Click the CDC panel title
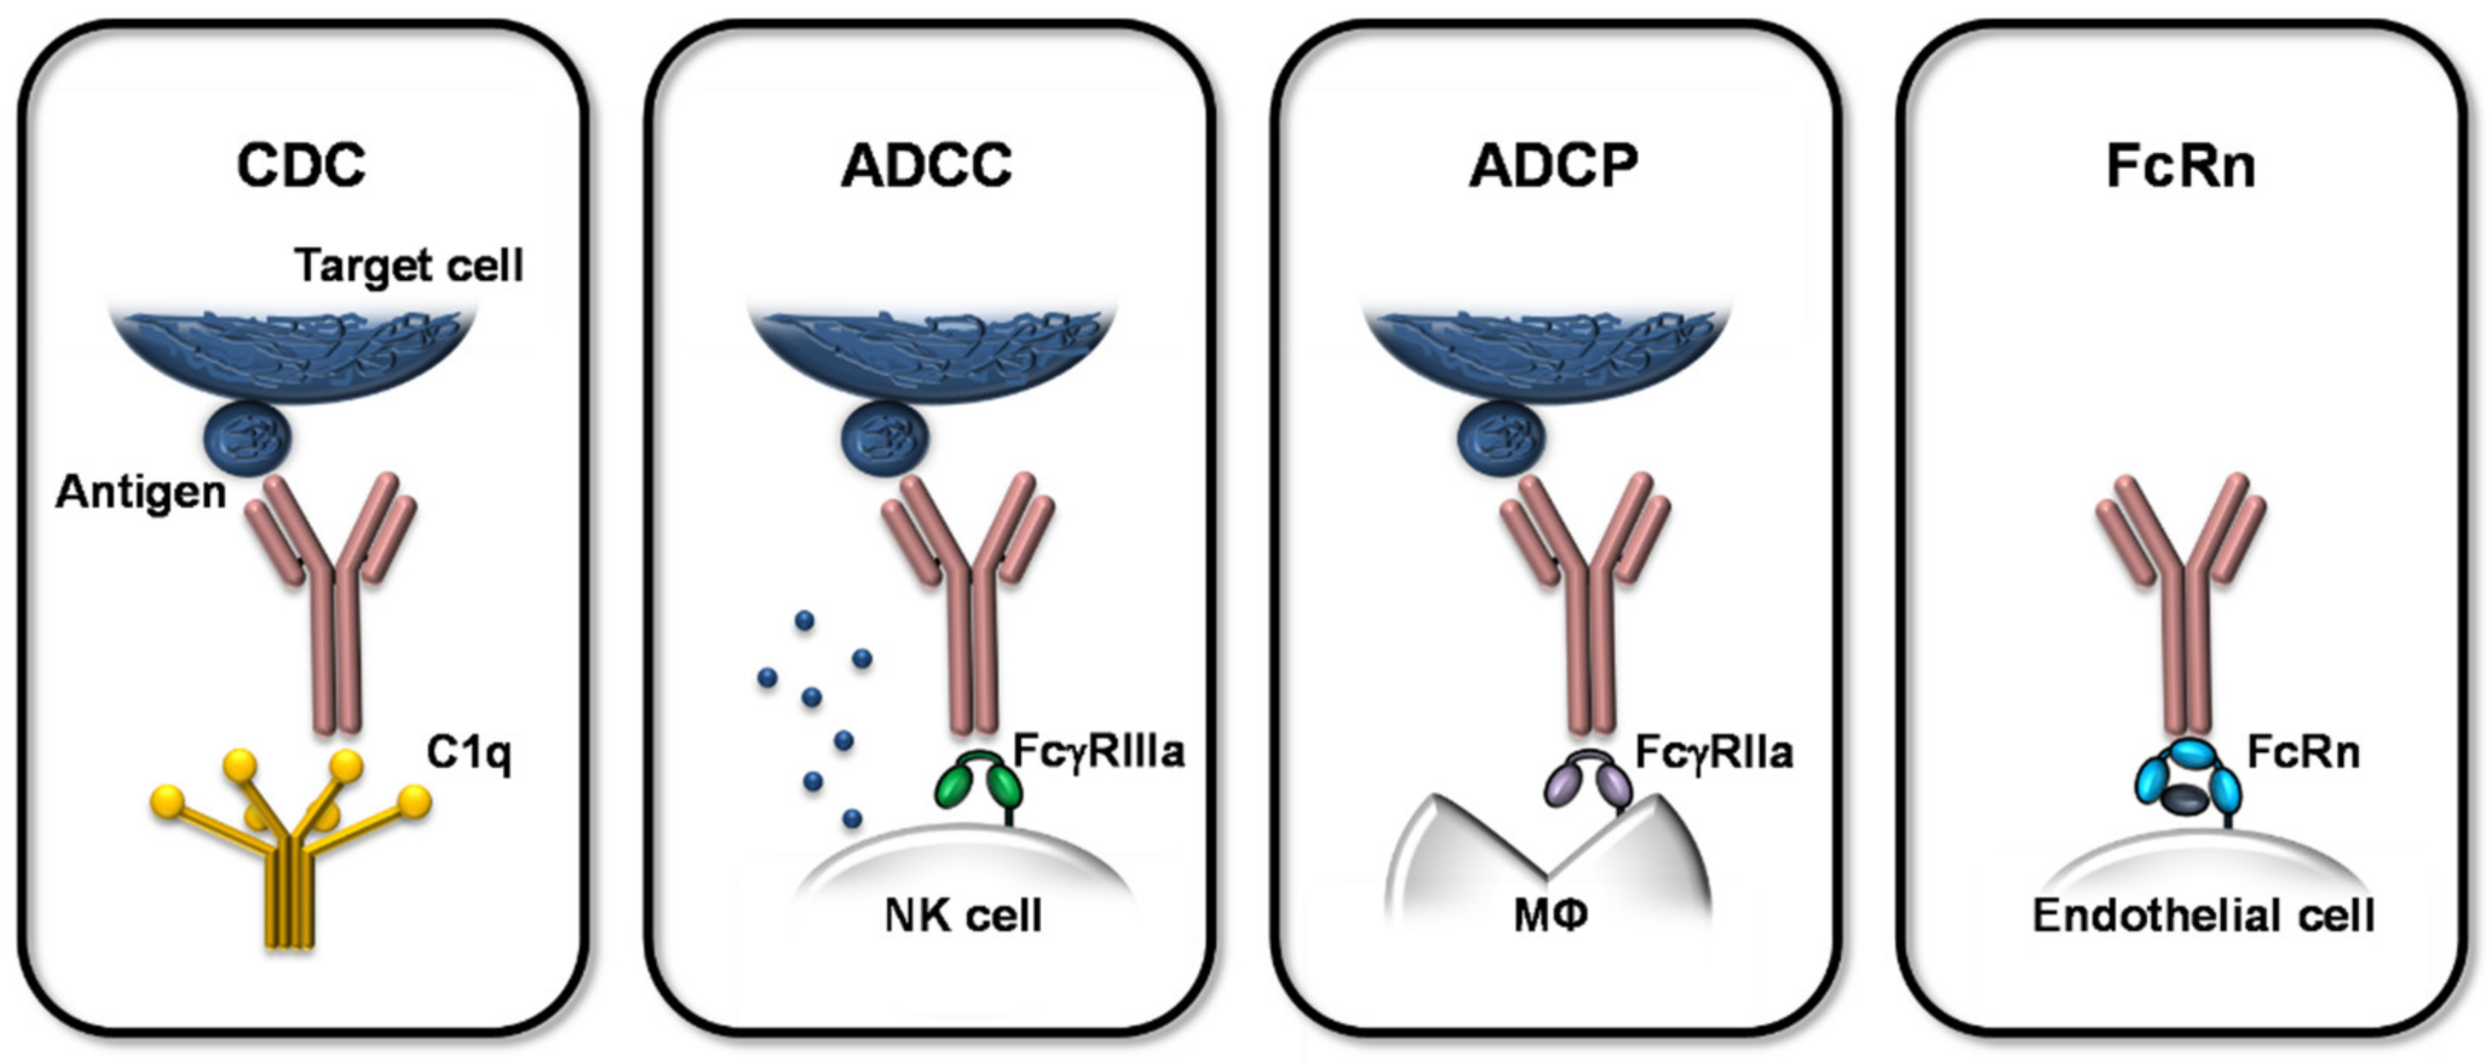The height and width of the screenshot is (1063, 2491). (x=302, y=165)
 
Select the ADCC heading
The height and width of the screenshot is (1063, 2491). (x=926, y=165)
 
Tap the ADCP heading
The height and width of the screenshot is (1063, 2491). (x=1553, y=165)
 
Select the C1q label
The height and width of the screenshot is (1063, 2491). (x=469, y=752)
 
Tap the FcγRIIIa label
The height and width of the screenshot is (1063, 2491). (x=1098, y=752)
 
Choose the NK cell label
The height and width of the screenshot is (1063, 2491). (x=963, y=915)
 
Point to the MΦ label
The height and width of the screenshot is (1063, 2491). (x=1550, y=915)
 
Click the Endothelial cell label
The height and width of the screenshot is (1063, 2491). (x=2204, y=915)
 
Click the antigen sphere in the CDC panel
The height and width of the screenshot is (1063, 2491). (x=247, y=439)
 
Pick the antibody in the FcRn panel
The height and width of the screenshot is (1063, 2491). (x=2181, y=600)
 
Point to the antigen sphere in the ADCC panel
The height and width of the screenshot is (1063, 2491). (x=886, y=439)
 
